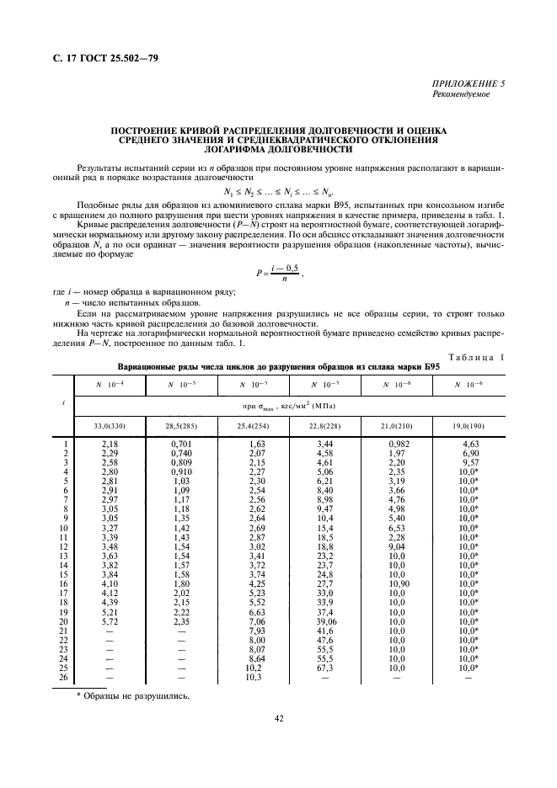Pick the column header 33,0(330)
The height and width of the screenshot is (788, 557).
pos(110,426)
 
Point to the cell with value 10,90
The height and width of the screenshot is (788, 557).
pos(397,583)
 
